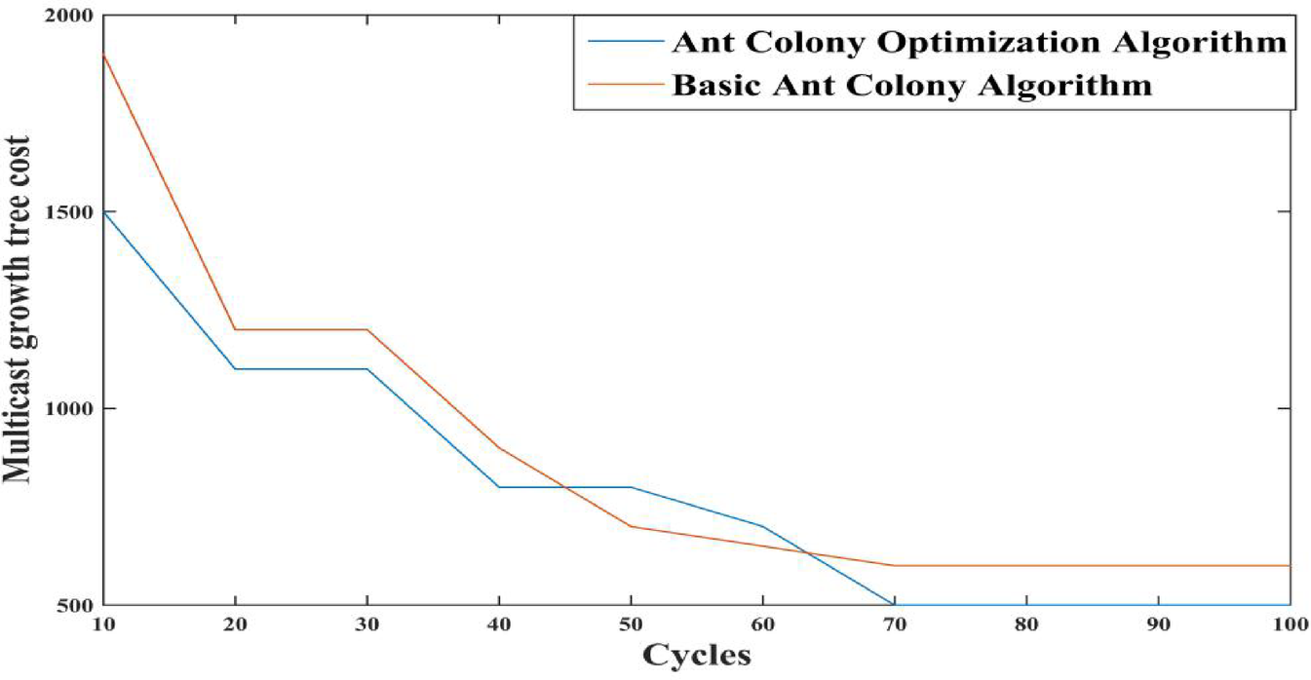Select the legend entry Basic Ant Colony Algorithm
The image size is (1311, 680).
click(x=911, y=85)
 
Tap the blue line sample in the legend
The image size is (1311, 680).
click(x=625, y=43)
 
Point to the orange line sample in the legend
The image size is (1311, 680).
click(x=625, y=85)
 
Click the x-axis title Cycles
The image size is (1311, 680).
click(x=696, y=655)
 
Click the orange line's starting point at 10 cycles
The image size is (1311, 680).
click(x=102, y=55)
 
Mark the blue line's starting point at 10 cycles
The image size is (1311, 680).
click(x=102, y=211)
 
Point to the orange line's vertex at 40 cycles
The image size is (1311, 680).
click(x=499, y=447)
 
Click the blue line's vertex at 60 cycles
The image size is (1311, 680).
click(x=762, y=526)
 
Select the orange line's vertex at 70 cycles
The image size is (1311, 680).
click(x=894, y=565)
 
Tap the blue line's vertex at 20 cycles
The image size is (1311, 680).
click(x=234, y=368)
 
